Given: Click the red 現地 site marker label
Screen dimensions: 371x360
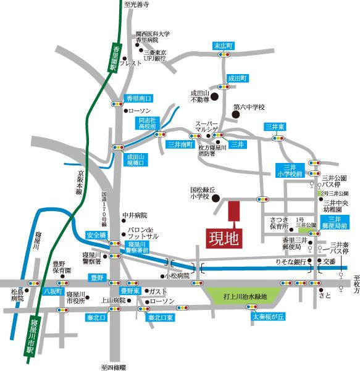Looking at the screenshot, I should (220, 236).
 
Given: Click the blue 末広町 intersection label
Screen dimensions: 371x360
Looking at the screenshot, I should (222, 46).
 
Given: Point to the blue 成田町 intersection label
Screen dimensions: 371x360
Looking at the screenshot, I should (238, 78).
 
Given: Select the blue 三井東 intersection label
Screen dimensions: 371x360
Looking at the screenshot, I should (274, 127).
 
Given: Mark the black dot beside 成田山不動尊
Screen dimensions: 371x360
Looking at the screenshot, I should (215, 96).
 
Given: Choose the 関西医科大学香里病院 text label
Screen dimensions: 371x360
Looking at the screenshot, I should (153, 37).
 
